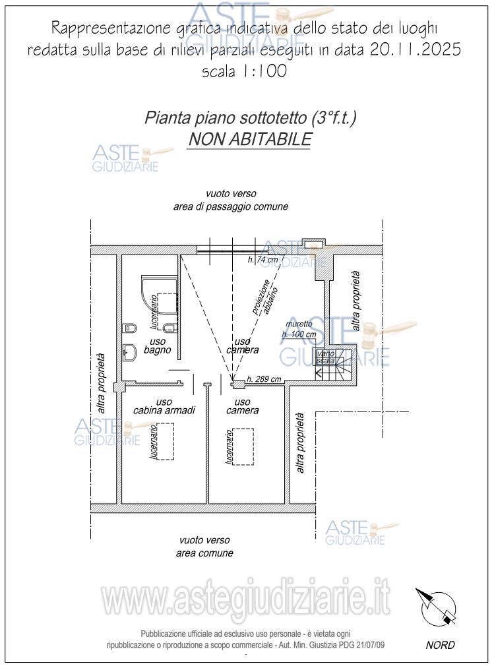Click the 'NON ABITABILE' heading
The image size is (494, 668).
pos(249,140)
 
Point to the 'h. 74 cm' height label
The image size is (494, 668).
pos(263,260)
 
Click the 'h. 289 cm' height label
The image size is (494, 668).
pos(264,379)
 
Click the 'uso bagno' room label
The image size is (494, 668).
pos(157,346)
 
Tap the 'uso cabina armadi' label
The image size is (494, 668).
pos(164,406)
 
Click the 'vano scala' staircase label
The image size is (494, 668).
pos(326,357)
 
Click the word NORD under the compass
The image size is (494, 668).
pos(440,645)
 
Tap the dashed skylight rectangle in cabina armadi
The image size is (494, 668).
pos(164,440)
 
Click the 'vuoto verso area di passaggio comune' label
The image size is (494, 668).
pos(230,200)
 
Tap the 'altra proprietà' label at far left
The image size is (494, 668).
pos(102,379)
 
